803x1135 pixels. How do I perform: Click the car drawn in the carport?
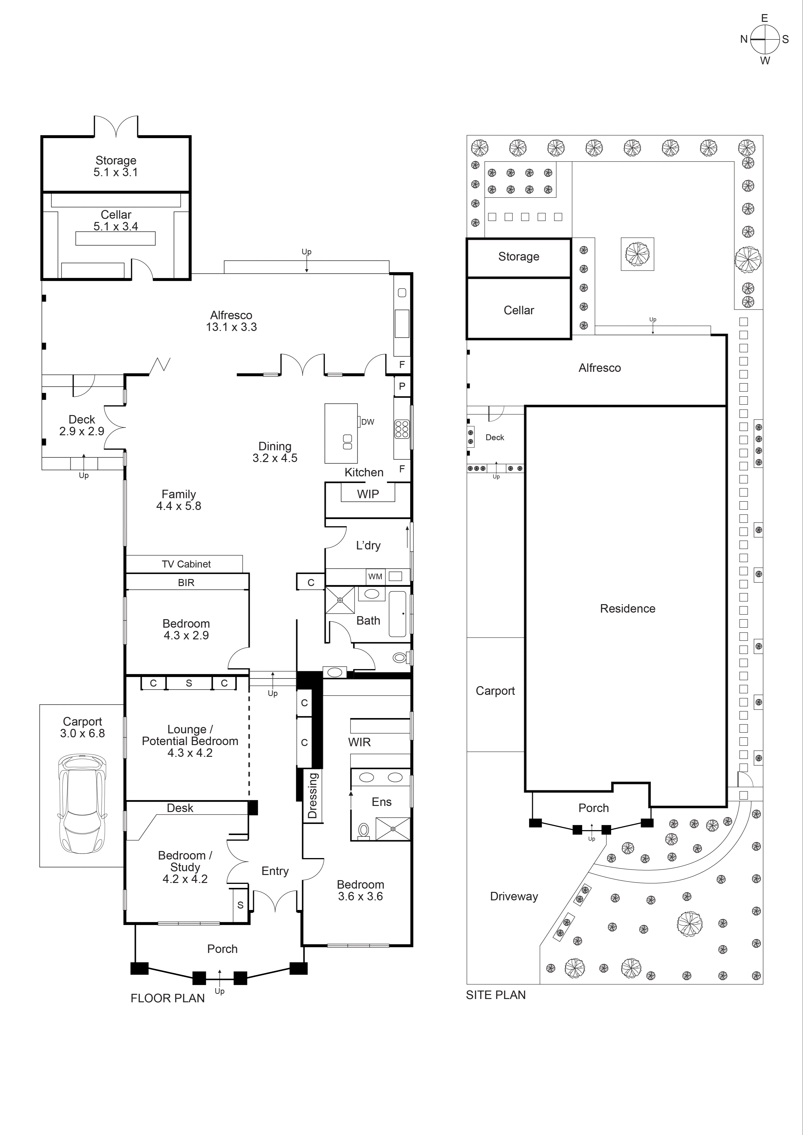(82, 804)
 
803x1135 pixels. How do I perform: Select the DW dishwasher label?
(367, 422)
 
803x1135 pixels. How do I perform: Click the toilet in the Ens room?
(364, 831)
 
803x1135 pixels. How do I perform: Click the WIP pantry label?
(368, 494)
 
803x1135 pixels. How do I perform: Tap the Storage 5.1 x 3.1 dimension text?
(116, 172)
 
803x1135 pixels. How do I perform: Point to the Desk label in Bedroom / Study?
(180, 808)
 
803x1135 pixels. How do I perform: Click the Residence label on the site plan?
(627, 609)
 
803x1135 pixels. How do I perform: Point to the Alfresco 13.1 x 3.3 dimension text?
(231, 327)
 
